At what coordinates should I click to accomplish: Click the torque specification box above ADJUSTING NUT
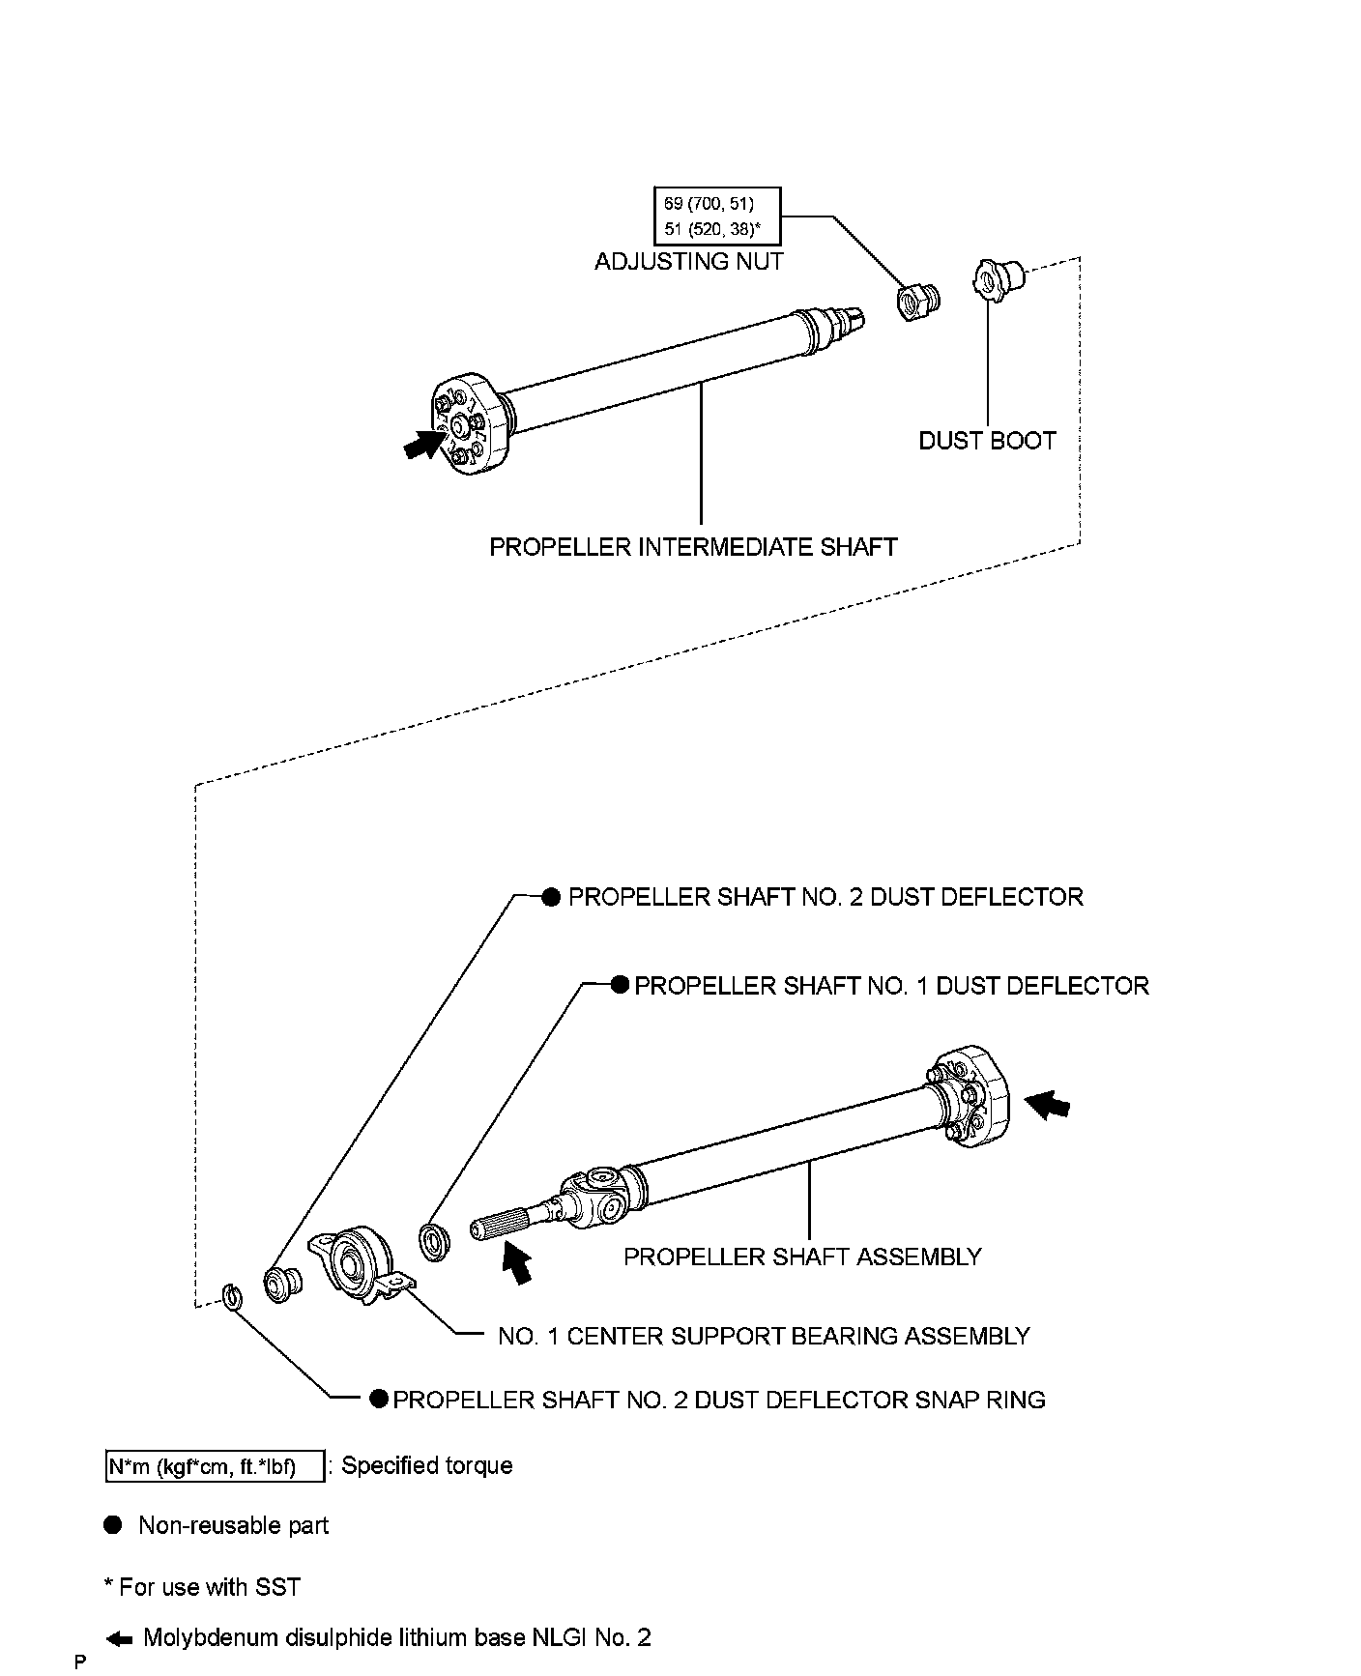[716, 216]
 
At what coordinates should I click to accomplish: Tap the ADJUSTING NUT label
[688, 261]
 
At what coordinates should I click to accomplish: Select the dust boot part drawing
[995, 277]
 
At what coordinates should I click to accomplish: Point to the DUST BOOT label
[986, 441]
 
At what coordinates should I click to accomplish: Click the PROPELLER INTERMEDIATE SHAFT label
[693, 547]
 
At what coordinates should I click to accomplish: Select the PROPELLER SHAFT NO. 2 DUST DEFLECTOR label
[825, 897]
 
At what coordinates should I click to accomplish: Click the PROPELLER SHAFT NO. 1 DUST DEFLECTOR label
[891, 986]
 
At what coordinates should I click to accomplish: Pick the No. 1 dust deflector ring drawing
[433, 1240]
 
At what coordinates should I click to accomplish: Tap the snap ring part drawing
[232, 1296]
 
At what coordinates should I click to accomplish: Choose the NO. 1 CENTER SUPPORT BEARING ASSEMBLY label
[764, 1336]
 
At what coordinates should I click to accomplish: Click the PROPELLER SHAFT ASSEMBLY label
[802, 1257]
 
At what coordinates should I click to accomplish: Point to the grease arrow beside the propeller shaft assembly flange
[1050, 1105]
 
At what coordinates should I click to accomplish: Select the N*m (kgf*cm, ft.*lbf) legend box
[214, 1466]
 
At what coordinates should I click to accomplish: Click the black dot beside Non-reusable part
[113, 1525]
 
